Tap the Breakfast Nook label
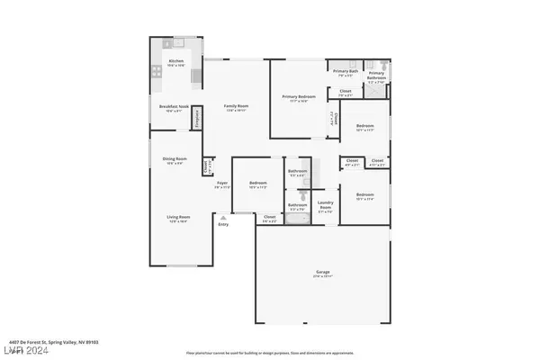point(170,105)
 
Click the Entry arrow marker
point(222,218)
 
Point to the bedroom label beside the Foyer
point(258,184)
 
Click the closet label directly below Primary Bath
point(346,91)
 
